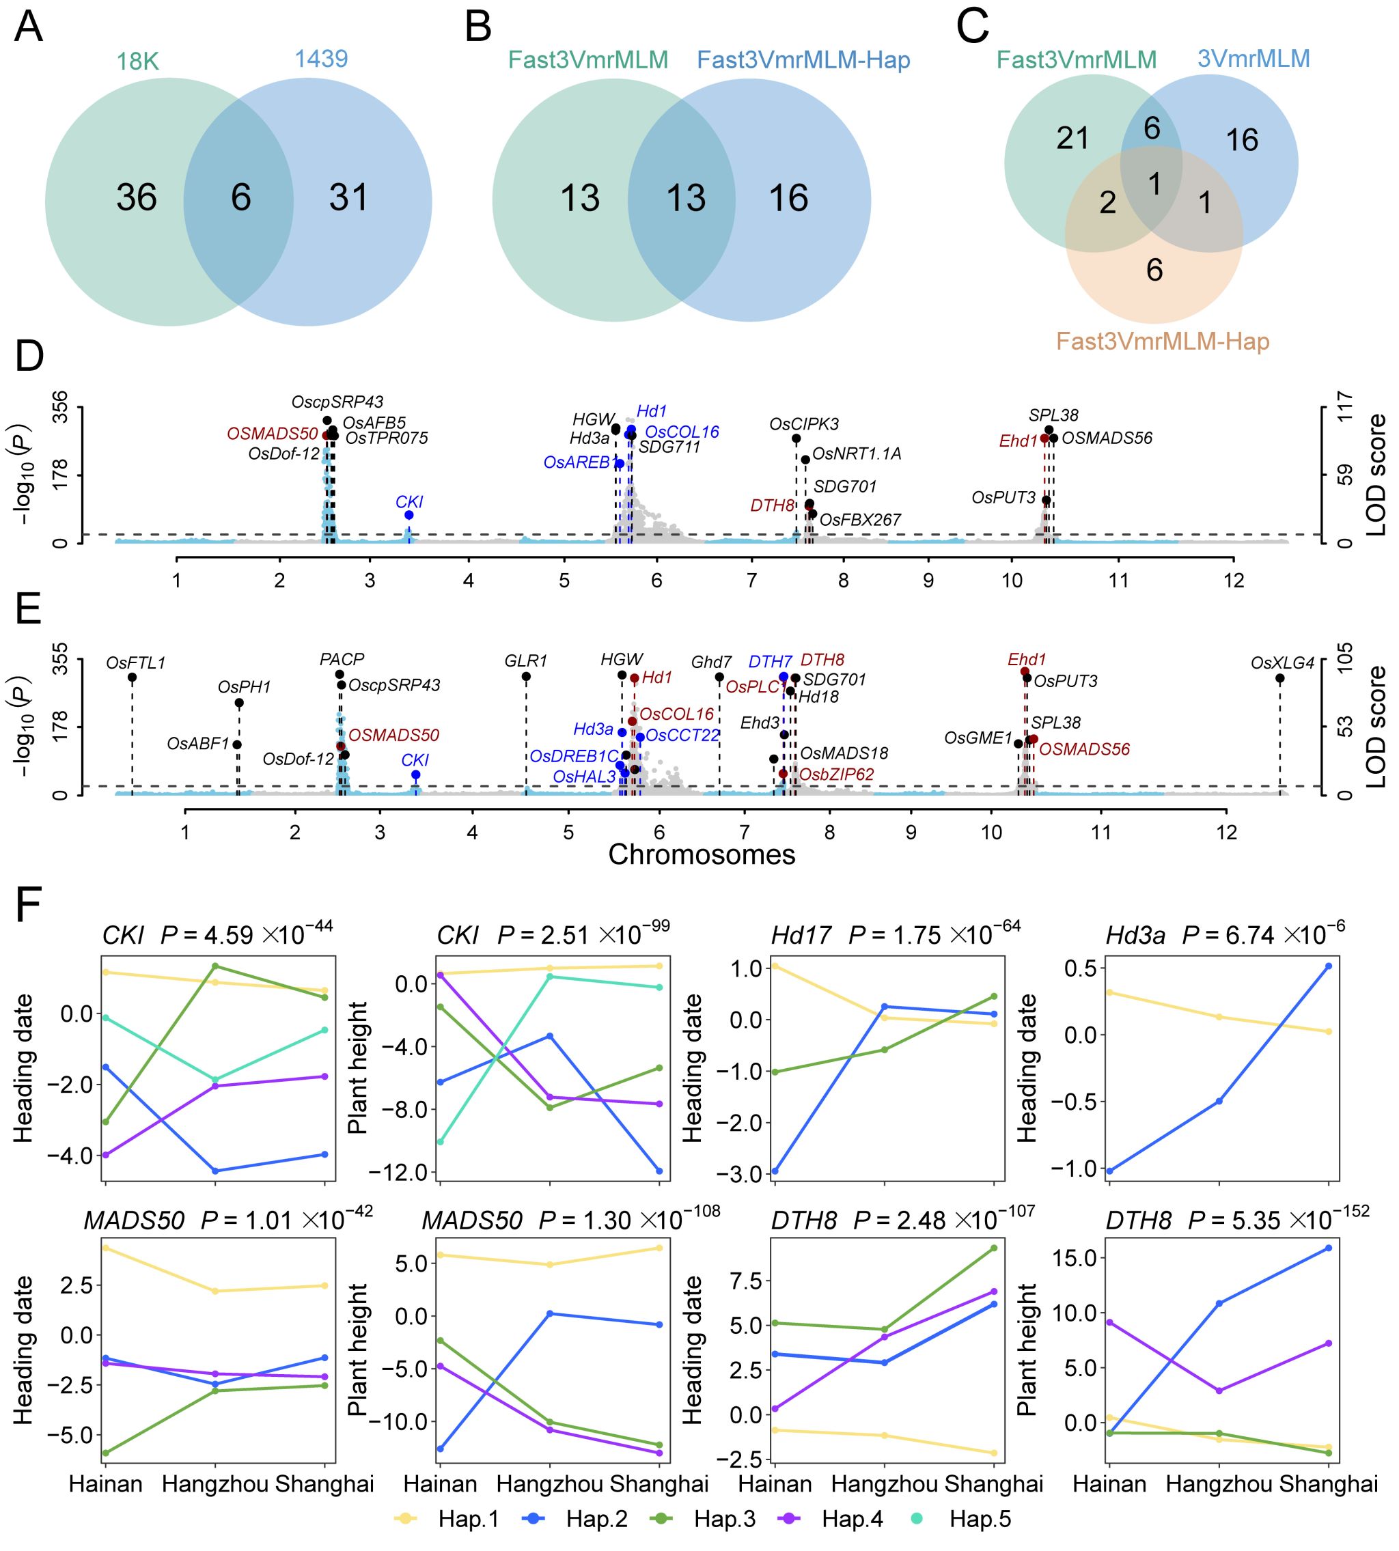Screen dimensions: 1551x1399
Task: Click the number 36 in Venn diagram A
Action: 136,197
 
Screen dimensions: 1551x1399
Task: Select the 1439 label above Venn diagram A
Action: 320,59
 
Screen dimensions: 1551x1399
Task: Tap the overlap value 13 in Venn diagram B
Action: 685,198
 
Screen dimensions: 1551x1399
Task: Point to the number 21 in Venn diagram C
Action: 1072,139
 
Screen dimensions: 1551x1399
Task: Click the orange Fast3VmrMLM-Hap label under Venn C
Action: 1162,341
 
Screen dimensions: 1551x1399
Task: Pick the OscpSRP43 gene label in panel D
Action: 337,402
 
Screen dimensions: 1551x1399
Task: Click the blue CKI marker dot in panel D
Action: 409,515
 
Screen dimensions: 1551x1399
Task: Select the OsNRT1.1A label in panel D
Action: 857,454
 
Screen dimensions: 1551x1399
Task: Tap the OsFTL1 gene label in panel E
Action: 135,662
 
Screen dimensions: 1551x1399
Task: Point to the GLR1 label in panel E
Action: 526,661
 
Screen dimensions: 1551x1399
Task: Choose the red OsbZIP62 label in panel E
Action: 836,774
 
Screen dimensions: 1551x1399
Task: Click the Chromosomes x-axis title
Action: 701,854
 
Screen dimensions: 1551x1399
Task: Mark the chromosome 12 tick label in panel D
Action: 1234,581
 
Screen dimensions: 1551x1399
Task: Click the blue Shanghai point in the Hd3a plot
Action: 1328,966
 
